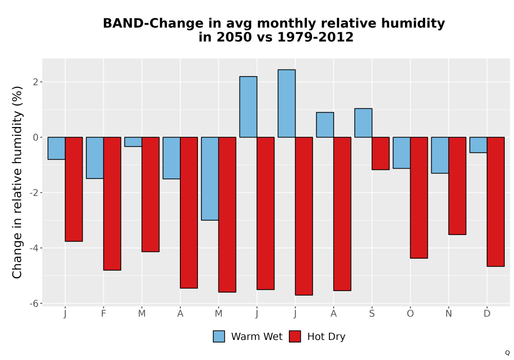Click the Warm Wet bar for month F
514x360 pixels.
[95, 158]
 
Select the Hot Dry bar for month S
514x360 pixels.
[380, 153]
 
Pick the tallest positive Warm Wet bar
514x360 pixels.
[286, 103]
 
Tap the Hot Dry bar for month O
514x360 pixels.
[419, 197]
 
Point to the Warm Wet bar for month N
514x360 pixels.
[440, 155]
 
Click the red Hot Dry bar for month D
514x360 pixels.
[495, 202]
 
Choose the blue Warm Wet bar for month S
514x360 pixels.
[363, 122]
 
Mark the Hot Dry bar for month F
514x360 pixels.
[112, 204]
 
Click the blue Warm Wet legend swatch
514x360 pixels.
[219, 336]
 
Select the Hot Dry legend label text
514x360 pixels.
[326, 337]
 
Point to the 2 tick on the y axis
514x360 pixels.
[36, 82]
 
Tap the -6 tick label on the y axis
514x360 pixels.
[34, 303]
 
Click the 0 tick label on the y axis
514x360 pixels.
[36, 137]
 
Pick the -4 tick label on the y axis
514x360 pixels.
[34, 248]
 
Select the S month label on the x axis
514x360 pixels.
[372, 314]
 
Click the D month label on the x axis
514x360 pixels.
[487, 314]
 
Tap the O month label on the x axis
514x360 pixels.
[410, 314]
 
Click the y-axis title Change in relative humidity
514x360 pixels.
[17, 183]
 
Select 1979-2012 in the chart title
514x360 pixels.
[316, 37]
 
